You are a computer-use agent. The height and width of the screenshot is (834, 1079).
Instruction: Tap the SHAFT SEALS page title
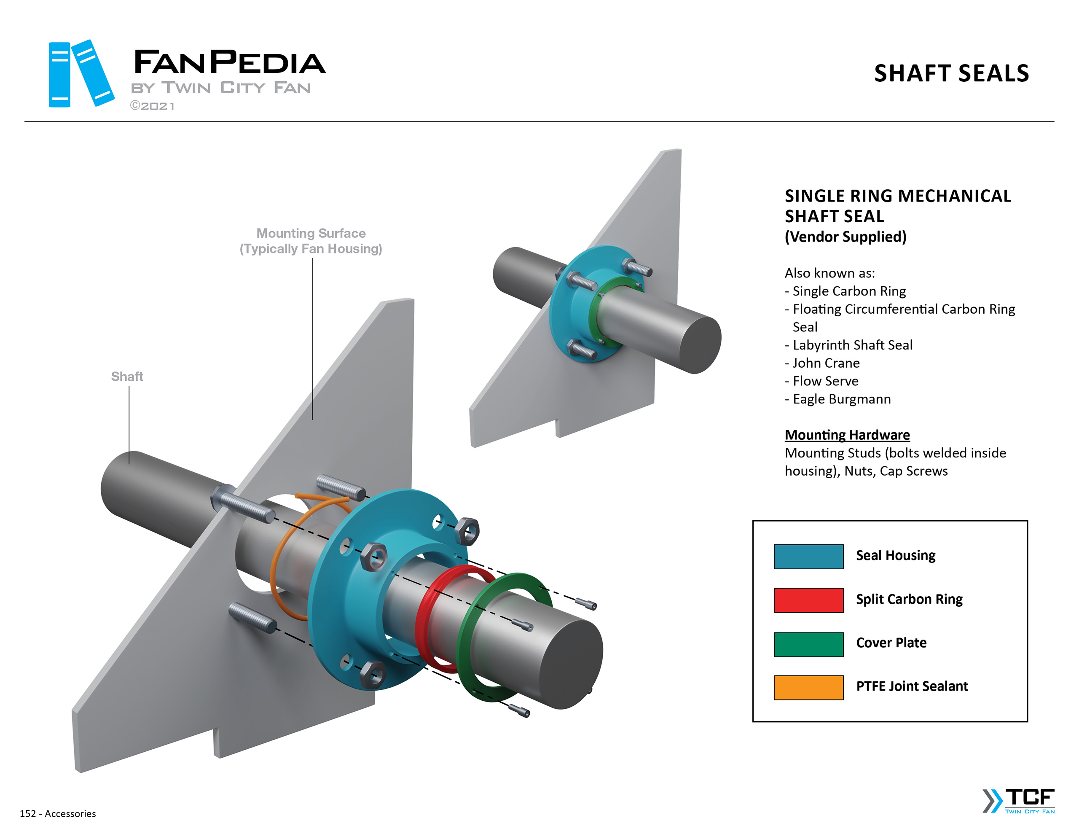point(951,74)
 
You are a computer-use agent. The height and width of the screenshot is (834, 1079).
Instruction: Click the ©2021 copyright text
point(152,106)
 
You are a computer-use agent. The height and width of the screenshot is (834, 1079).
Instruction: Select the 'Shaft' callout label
point(127,376)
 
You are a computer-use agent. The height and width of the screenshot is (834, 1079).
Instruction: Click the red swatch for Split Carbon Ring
point(808,600)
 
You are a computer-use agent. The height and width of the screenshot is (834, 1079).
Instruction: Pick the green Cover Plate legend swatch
point(808,644)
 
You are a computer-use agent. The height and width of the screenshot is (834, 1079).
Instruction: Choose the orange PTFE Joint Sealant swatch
point(808,687)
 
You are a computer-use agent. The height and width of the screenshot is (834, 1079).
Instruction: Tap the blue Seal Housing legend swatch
point(808,556)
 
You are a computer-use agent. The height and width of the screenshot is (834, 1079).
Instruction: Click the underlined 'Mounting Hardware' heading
point(847,435)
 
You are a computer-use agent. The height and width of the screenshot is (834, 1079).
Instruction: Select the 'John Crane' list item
point(826,363)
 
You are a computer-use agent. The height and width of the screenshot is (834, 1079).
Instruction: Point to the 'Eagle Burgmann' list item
point(841,399)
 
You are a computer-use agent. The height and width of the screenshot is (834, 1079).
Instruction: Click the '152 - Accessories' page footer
point(58,813)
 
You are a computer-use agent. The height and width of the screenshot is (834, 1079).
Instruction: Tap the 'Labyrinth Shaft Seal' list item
point(852,345)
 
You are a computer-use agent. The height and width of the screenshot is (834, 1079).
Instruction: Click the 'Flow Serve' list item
point(825,381)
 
